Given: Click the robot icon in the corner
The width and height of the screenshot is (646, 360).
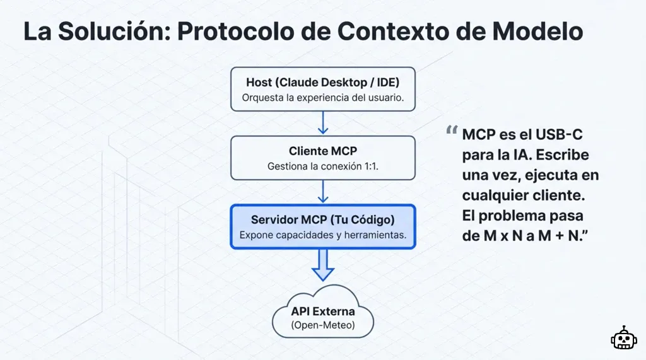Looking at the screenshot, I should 623,339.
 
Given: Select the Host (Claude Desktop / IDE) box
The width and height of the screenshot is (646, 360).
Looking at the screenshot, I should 322,89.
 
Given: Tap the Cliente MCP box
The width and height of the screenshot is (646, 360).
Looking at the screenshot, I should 322,158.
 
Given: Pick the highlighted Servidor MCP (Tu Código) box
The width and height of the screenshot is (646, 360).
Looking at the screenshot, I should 322,226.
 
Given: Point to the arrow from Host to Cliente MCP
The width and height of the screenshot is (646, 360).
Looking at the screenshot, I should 323,123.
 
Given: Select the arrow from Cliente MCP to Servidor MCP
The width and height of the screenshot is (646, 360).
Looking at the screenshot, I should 323,192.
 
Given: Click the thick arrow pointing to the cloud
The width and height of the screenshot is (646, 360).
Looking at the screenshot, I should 323,265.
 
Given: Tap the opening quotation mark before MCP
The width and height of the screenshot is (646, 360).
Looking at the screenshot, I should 451,131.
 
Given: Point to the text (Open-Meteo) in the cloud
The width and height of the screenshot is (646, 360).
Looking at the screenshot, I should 322,325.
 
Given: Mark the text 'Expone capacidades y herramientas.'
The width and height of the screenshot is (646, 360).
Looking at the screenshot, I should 322,235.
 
